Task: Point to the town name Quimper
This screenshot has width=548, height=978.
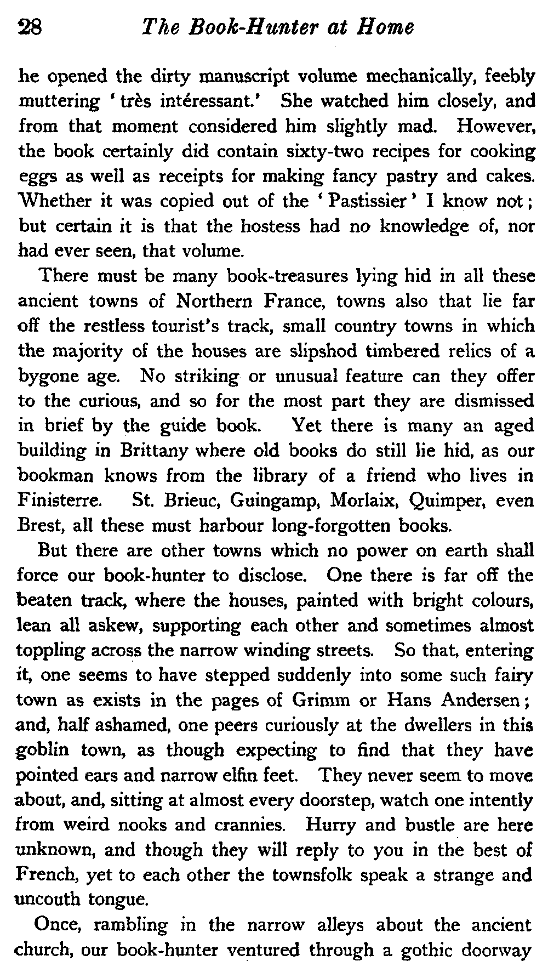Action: click(x=452, y=501)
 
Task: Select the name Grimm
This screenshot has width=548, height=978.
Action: click(x=323, y=701)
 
